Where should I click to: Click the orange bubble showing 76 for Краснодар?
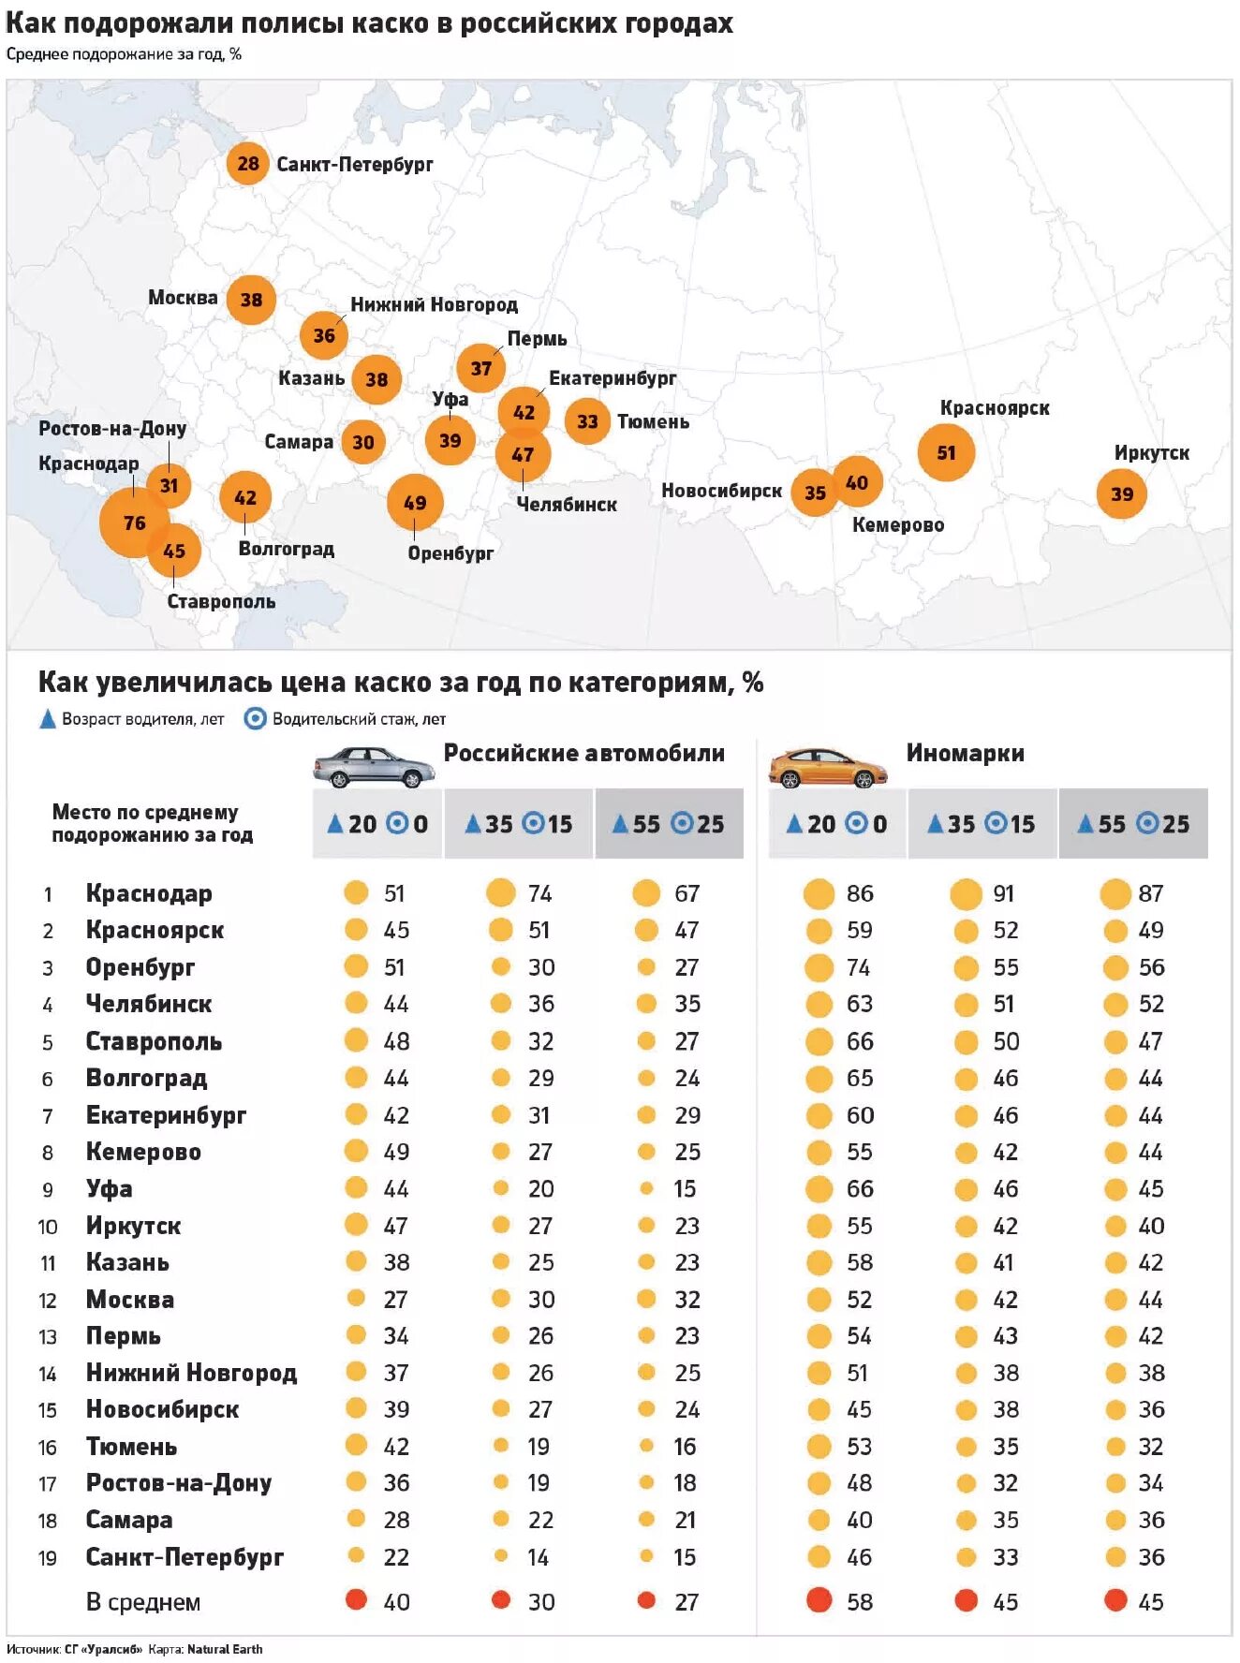[134, 522]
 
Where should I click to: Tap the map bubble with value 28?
[247, 164]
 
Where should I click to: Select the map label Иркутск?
[1151, 453]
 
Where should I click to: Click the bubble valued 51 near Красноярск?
[946, 452]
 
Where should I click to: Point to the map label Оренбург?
[450, 553]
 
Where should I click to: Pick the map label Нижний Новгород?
[434, 304]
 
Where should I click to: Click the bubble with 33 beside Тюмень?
[587, 421]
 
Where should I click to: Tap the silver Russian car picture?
[374, 766]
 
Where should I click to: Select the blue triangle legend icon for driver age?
[48, 719]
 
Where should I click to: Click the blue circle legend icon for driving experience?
[255, 719]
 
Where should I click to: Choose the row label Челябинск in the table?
[149, 1004]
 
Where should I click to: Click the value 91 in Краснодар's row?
[1003, 893]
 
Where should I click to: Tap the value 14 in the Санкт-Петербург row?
[538, 1557]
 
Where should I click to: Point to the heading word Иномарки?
[965, 753]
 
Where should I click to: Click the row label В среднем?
[143, 1602]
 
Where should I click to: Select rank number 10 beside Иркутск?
[48, 1227]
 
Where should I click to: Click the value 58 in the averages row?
[859, 1602]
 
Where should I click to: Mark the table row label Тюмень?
[131, 1447]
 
